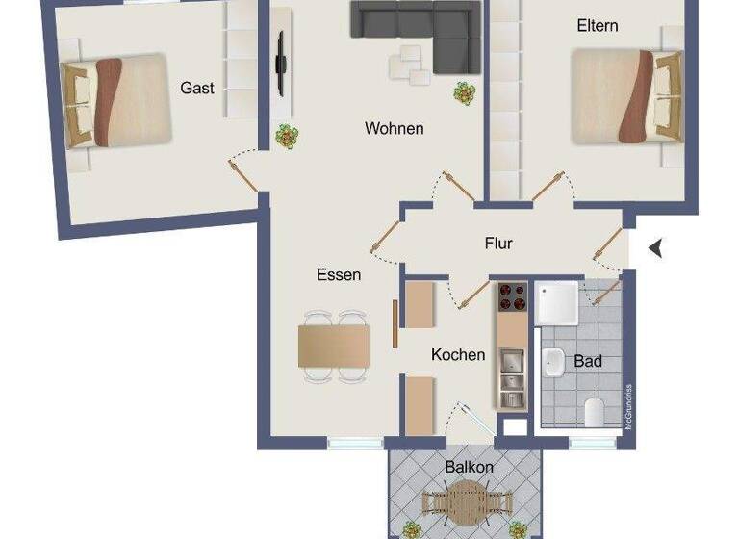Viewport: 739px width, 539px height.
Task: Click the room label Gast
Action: pos(197,88)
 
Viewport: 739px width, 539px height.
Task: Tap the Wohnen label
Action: pos(394,128)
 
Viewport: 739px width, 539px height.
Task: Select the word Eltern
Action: pos(597,26)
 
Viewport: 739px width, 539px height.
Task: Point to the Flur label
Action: pos(498,244)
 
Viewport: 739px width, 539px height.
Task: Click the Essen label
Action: pos(339,275)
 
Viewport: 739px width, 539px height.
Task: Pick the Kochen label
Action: pos(458,354)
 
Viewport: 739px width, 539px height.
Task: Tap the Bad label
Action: pos(587,361)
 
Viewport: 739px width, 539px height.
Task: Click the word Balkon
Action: pos(469,467)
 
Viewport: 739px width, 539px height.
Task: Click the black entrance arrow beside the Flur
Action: pos(656,248)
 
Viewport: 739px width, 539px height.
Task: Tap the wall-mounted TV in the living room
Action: pos(280,64)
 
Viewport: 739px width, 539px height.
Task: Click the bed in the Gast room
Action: pos(115,99)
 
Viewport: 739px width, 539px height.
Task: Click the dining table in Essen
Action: pos(334,346)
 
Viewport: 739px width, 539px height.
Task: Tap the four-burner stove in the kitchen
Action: pos(512,298)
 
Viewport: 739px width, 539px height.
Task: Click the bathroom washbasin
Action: pos(553,364)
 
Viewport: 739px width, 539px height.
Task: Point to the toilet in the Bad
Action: pos(594,413)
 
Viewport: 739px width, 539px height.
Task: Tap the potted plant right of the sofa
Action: pos(466,93)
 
